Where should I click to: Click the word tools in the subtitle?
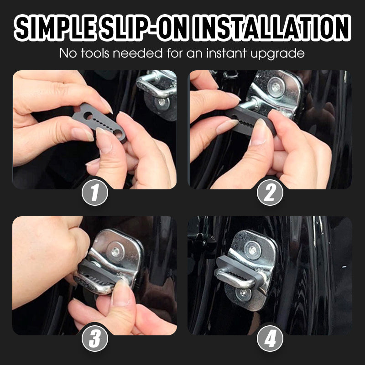click(99, 53)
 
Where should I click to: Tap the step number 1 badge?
click(95, 193)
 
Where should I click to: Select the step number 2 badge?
click(270, 193)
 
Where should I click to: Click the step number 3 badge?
click(95, 339)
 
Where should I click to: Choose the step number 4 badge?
click(270, 339)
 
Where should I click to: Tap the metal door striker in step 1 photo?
click(157, 89)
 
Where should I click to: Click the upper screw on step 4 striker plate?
click(252, 250)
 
